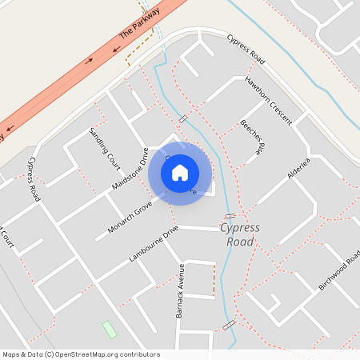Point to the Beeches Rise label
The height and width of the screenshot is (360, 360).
click(251, 136)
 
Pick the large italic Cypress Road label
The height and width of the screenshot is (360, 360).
click(240, 234)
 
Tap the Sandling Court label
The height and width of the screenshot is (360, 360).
click(104, 146)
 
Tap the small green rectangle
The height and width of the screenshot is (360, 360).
click(109, 329)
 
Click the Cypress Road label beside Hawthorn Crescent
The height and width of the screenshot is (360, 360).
click(245, 51)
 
